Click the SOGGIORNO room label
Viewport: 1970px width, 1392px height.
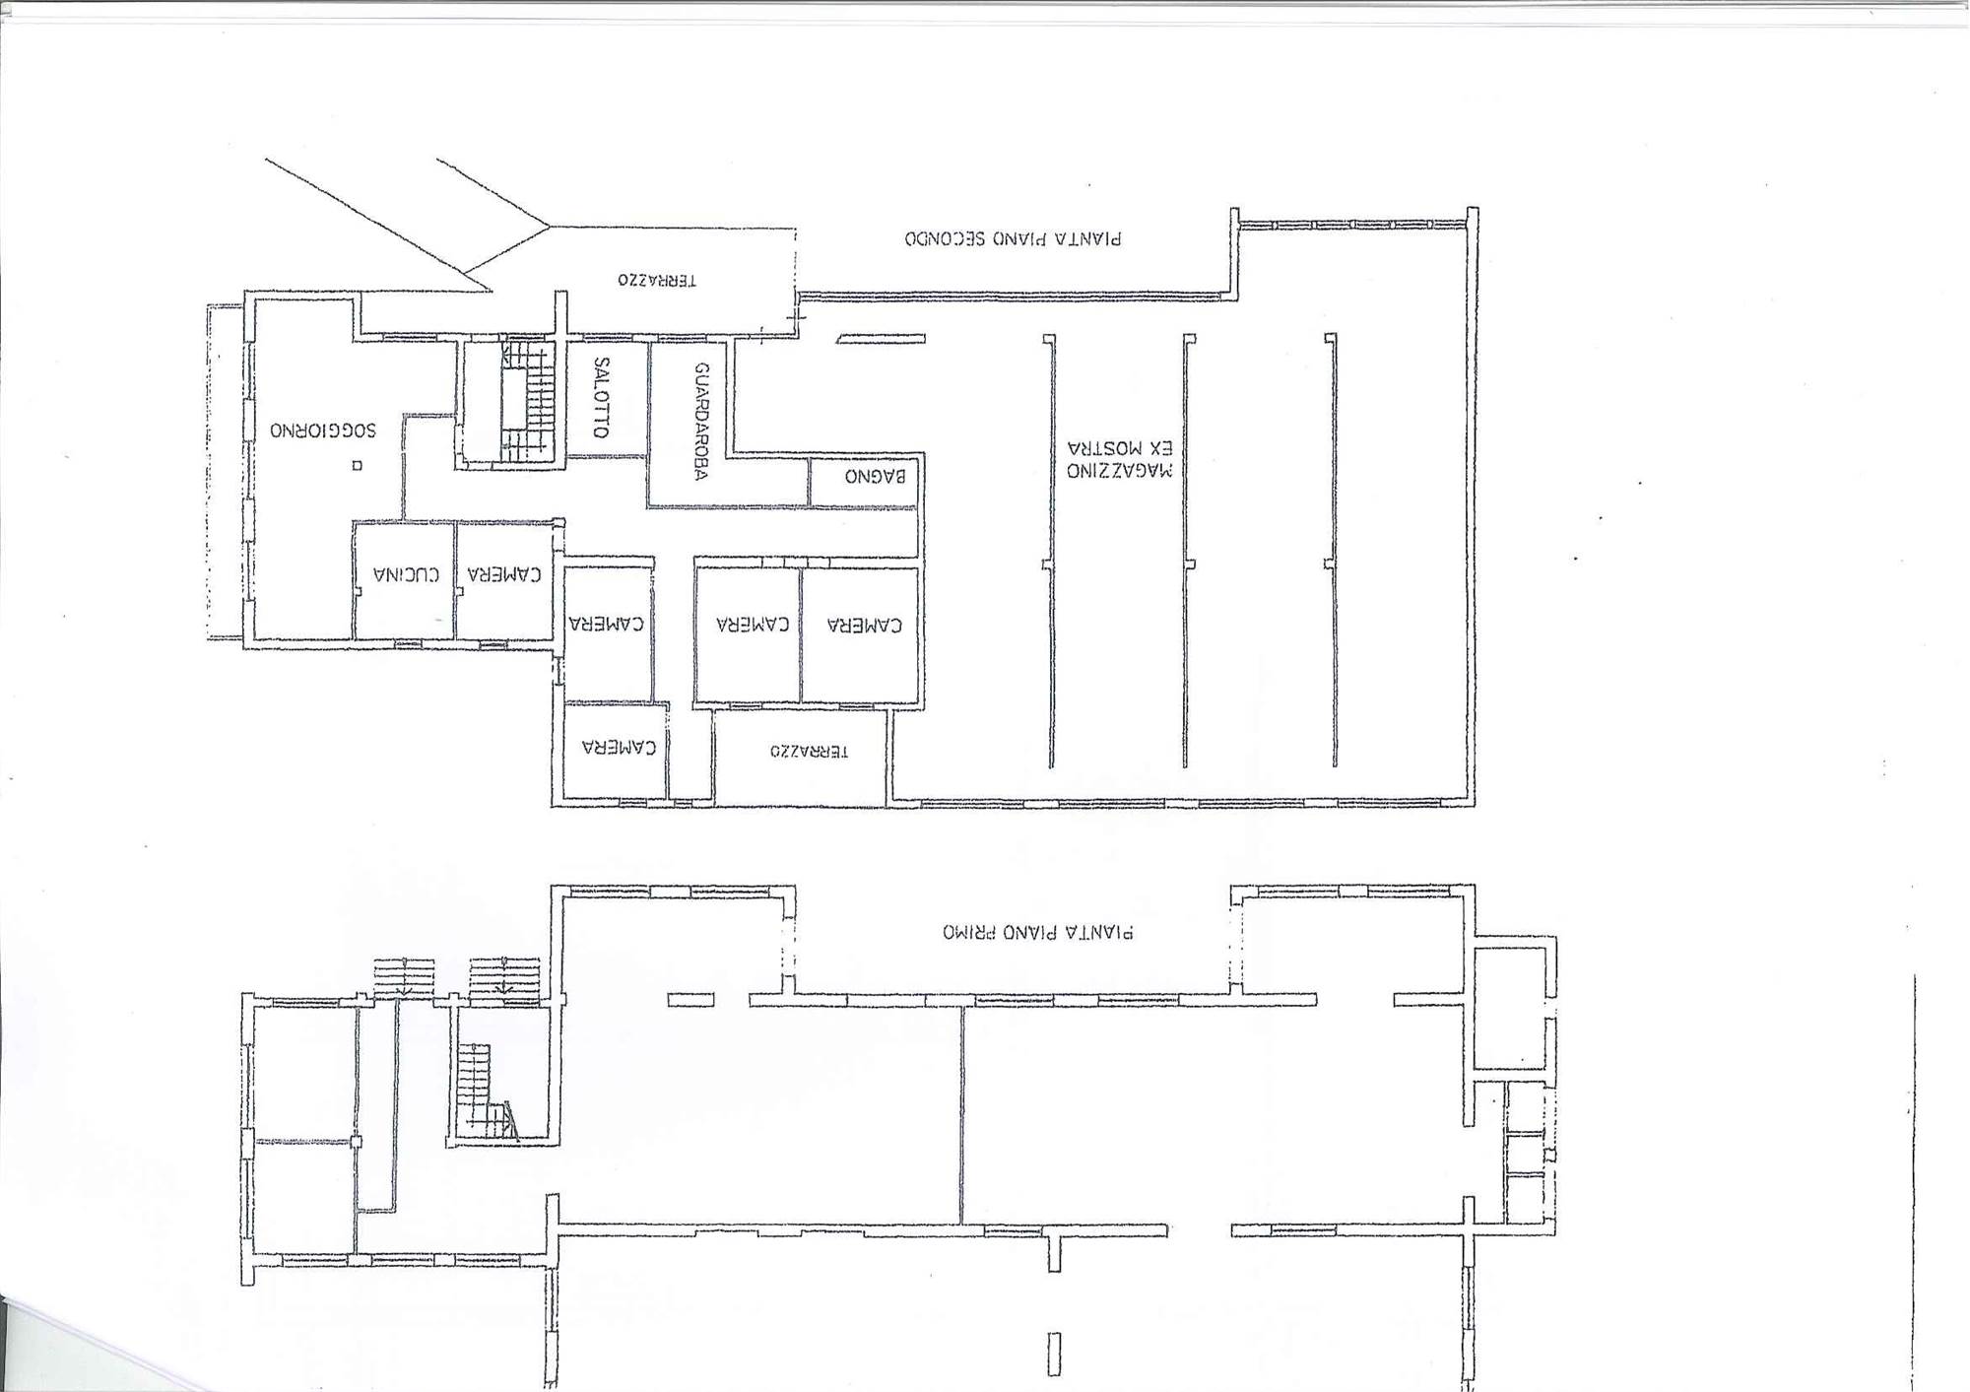point(323,431)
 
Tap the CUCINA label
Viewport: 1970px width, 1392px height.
point(406,574)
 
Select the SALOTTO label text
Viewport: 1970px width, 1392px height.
point(602,398)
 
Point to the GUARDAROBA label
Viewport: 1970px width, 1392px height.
point(701,422)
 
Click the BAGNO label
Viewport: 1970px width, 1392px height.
point(875,477)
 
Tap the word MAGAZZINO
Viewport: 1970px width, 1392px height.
point(1120,470)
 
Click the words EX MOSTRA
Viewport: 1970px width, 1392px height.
point(1120,447)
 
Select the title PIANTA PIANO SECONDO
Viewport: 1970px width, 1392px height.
point(1013,238)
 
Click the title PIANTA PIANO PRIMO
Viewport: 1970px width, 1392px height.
point(1038,932)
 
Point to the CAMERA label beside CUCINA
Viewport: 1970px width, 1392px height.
point(504,574)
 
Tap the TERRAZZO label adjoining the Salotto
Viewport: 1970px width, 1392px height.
point(657,280)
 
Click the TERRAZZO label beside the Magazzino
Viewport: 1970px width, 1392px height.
point(809,752)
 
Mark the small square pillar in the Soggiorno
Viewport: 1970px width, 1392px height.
point(358,465)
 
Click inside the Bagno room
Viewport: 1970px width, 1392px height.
point(863,482)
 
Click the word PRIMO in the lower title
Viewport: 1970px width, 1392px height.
point(970,932)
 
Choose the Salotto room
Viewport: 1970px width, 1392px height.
point(608,399)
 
